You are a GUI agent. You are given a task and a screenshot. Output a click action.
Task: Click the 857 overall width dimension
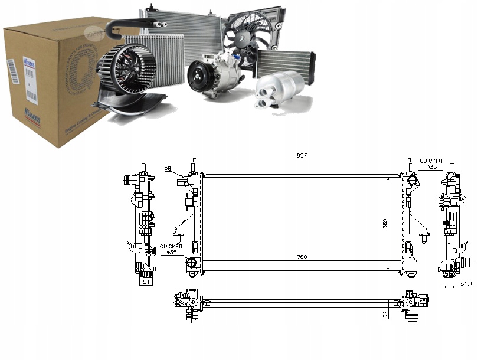[302, 156]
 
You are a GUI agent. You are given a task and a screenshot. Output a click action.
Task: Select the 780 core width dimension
[302, 257]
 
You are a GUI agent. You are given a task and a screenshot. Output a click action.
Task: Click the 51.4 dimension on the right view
[466, 284]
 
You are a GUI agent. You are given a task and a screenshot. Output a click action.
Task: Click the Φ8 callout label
[168, 169]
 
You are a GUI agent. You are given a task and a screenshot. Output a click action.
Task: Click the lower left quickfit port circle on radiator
[191, 263]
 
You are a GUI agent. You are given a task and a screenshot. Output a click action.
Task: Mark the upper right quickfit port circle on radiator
[411, 179]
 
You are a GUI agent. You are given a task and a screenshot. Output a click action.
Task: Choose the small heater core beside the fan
[284, 63]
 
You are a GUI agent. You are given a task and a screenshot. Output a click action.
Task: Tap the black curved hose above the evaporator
[133, 24]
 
